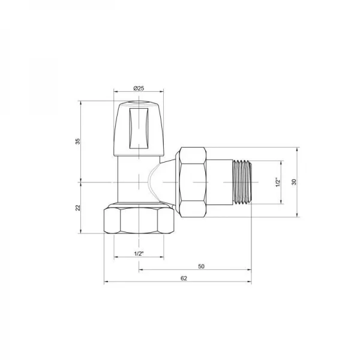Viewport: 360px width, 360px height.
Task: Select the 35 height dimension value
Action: [x=77, y=141]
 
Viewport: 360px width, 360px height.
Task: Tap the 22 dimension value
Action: [x=77, y=208]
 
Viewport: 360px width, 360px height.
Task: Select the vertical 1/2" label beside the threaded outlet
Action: [x=277, y=182]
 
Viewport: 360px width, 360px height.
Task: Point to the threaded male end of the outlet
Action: [x=242, y=182]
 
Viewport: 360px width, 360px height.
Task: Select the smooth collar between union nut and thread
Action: [x=220, y=182]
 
